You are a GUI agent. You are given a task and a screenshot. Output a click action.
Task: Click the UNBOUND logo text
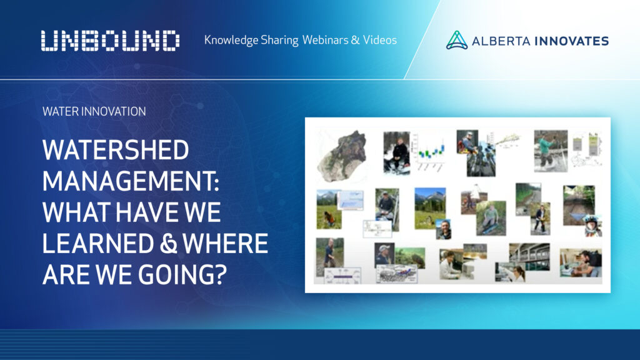[x=111, y=41]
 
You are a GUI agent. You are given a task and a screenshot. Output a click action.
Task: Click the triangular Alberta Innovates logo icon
[x=457, y=41]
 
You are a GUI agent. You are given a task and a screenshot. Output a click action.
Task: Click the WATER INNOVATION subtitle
[x=94, y=112]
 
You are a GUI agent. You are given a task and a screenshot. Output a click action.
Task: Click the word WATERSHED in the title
[x=116, y=151]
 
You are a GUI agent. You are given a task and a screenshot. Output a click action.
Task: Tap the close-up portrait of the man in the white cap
[x=384, y=255]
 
